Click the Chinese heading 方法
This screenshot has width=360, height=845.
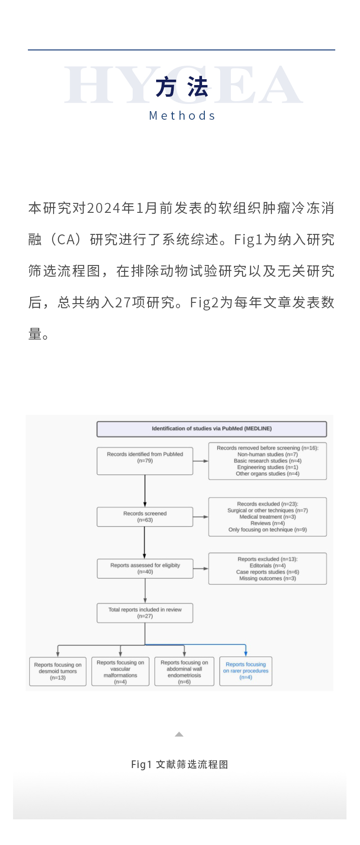[182, 87]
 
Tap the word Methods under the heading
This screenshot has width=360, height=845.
[182, 116]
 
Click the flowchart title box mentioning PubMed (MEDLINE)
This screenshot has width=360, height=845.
[211, 429]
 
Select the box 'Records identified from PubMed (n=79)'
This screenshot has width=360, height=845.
[145, 461]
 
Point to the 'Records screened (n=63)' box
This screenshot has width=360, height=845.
[145, 517]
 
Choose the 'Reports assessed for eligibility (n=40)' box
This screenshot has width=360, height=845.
[145, 568]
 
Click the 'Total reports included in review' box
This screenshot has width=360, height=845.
[145, 613]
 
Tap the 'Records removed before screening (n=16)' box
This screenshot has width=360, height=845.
[267, 461]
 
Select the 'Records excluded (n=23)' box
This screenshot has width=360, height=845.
[267, 517]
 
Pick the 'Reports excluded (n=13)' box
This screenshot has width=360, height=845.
[267, 568]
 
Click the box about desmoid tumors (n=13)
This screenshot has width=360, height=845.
[58, 671]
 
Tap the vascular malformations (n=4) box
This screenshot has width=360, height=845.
[120, 672]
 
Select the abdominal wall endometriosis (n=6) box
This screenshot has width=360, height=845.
[184, 672]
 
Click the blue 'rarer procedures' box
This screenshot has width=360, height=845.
[246, 671]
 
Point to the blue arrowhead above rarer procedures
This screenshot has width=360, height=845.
[246, 653]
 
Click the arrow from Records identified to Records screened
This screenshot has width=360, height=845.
[145, 490]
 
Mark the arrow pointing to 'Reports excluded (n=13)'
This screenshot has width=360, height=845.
[201, 569]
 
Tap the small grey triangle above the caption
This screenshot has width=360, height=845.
[179, 734]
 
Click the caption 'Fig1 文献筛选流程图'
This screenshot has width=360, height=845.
[180, 764]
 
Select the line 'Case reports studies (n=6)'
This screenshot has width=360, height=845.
[267, 572]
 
